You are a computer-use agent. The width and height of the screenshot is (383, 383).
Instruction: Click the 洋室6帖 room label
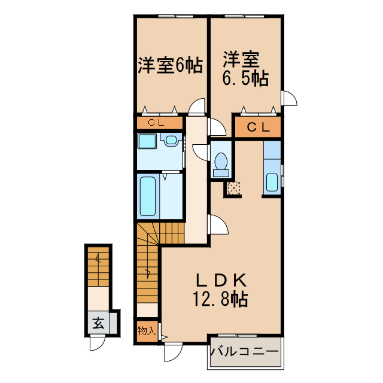(170, 65)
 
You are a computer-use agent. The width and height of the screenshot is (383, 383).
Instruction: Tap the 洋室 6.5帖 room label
(245, 69)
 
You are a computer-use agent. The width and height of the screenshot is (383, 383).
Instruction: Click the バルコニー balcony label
(244, 351)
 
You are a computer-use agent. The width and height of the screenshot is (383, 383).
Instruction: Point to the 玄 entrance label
(98, 324)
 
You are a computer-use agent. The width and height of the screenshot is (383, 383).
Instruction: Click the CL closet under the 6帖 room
(158, 123)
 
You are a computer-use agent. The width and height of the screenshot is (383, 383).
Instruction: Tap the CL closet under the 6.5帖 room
(257, 127)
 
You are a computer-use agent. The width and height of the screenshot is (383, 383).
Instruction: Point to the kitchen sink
(272, 181)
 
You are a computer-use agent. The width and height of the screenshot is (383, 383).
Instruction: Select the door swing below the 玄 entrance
(97, 345)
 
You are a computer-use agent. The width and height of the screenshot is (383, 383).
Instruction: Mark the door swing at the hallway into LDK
(218, 226)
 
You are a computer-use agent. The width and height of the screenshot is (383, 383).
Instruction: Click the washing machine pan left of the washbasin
(147, 142)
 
